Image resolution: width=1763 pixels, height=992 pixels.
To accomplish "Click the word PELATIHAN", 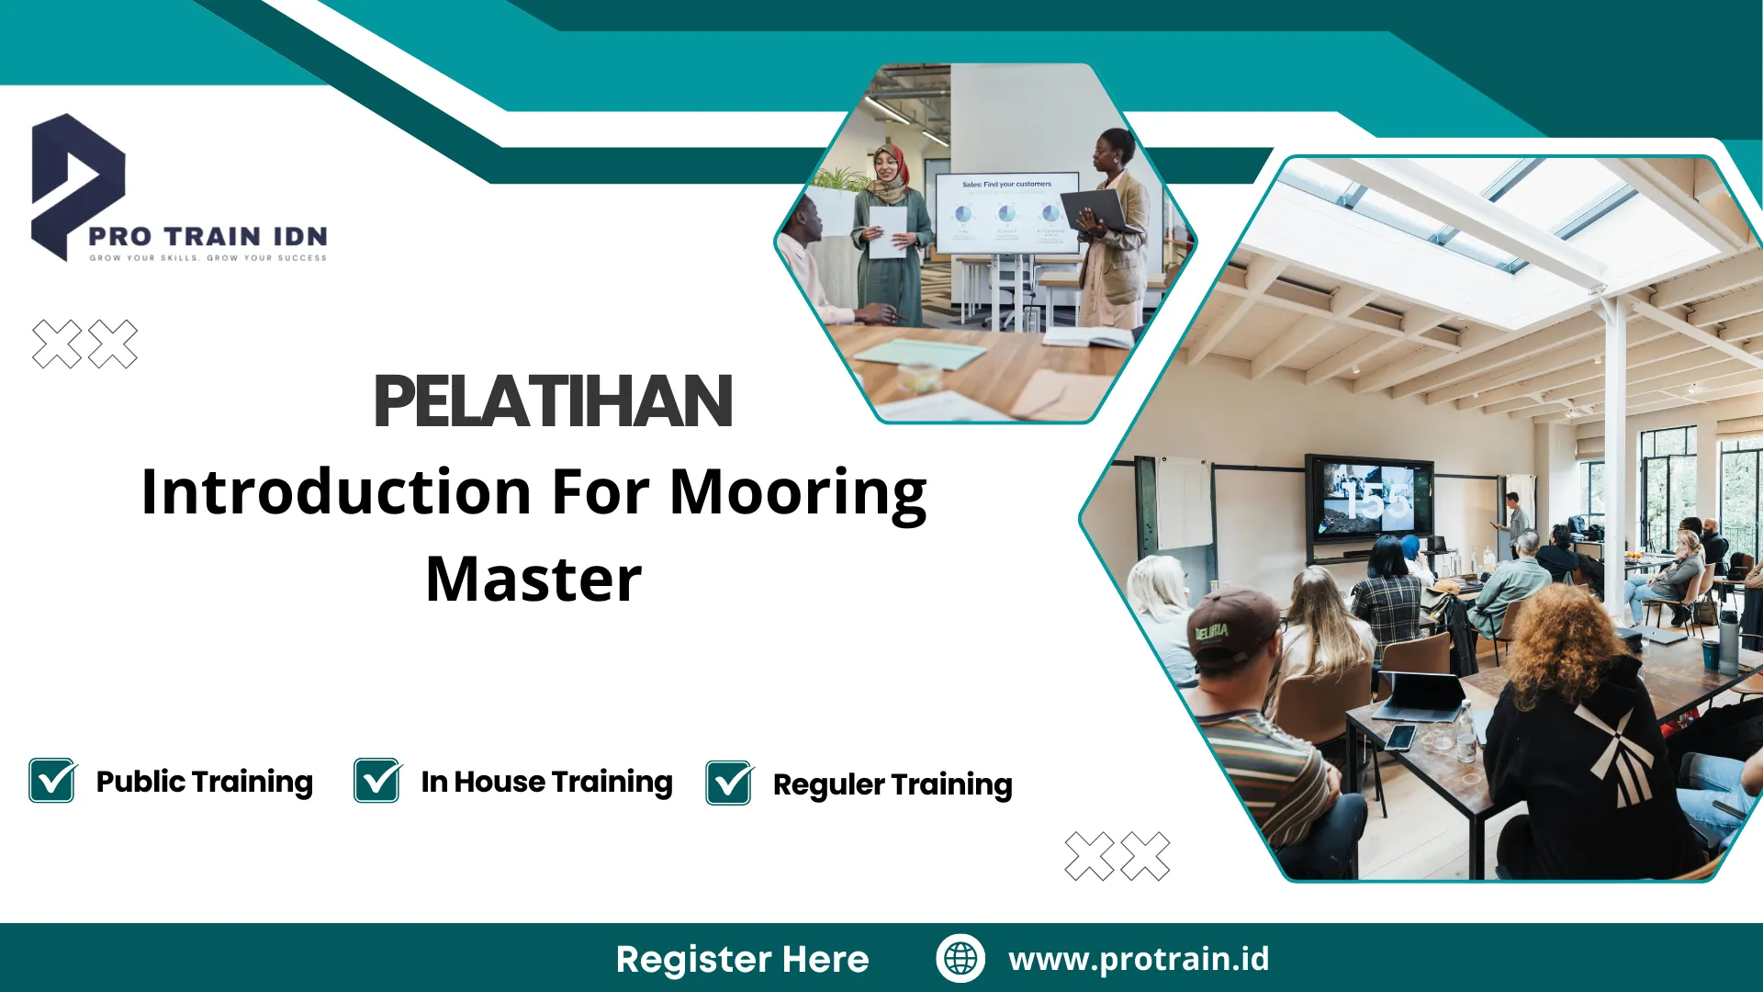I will tap(553, 401).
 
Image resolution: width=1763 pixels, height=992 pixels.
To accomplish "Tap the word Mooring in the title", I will tap(798, 493).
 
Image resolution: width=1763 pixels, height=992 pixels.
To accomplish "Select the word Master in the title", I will tap(533, 580).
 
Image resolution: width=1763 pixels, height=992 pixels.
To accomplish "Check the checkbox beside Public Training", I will tap(52, 781).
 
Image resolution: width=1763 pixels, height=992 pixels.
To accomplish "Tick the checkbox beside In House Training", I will tap(377, 781).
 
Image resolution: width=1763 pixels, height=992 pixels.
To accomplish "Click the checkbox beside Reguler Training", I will tap(729, 783).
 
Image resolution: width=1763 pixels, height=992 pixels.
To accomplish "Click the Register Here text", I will tap(742, 959).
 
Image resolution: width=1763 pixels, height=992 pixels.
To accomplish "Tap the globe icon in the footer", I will tap(960, 958).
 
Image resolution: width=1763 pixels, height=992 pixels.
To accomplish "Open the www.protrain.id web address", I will tap(1139, 958).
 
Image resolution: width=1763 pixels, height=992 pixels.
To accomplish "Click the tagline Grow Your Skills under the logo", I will tap(208, 258).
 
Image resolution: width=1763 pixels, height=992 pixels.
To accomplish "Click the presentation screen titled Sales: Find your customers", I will tap(1005, 211).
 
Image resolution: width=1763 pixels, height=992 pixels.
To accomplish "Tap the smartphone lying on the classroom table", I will tap(1400, 737).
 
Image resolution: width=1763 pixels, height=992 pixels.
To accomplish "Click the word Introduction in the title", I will tap(336, 493).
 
